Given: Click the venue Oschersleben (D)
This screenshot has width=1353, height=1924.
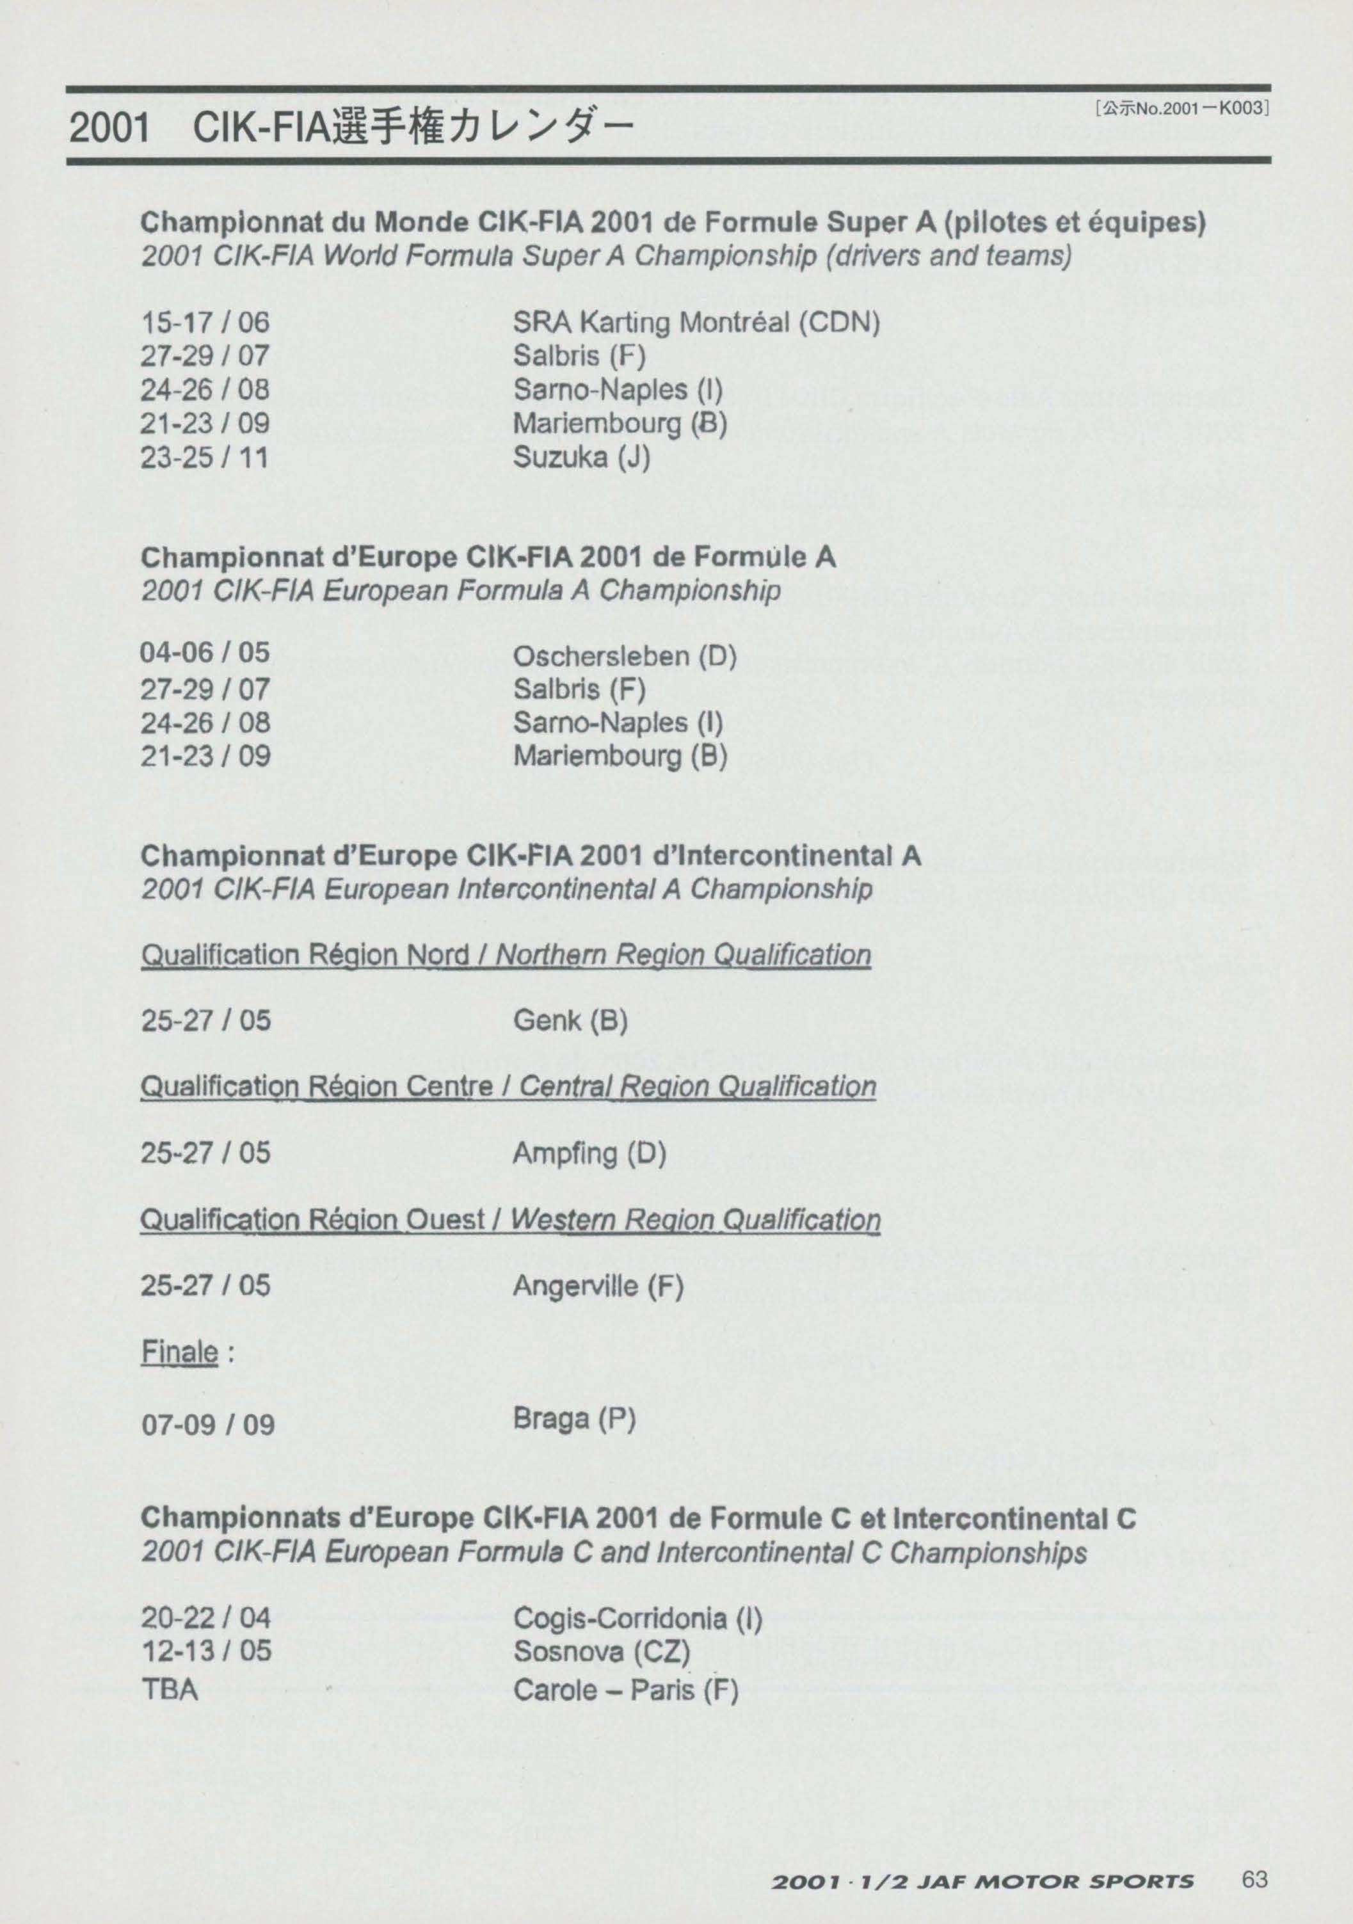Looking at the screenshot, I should (x=624, y=656).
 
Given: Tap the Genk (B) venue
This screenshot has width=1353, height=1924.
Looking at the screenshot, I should (x=570, y=1021).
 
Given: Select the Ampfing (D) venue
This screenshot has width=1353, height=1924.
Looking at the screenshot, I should (x=589, y=1154).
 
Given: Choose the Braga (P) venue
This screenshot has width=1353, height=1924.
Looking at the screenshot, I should (x=574, y=1419).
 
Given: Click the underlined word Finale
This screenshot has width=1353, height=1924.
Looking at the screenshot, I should (x=179, y=1352).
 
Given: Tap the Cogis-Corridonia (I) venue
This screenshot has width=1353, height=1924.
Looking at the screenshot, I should (x=637, y=1618).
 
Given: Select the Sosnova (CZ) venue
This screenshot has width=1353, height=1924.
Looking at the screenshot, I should (x=601, y=1653).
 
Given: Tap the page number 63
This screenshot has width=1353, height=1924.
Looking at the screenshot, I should (x=1255, y=1856).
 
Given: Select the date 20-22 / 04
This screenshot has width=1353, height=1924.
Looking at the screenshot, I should (x=205, y=1617).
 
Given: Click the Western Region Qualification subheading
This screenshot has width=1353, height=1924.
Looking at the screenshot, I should (x=695, y=1220).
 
